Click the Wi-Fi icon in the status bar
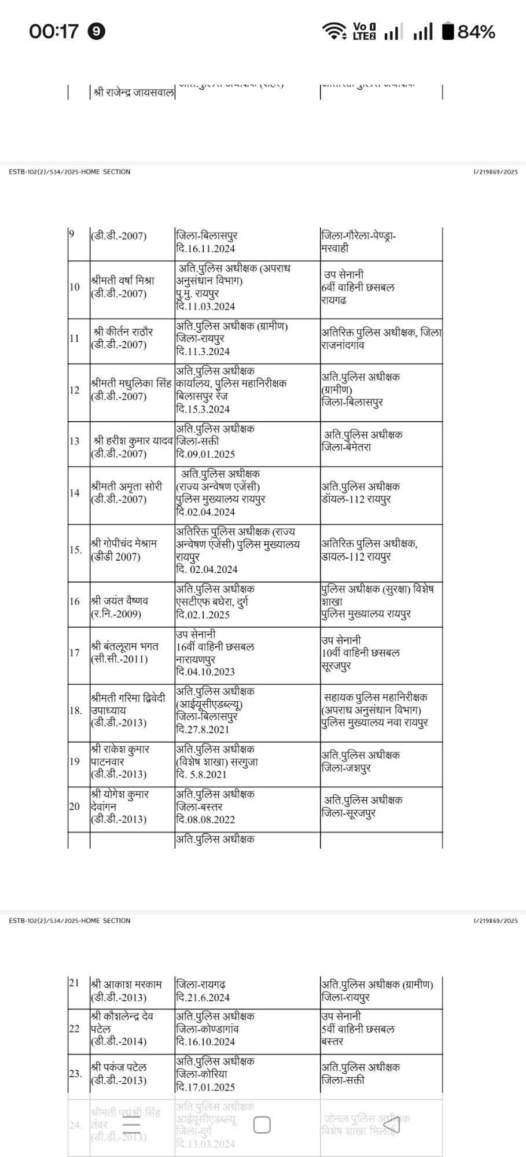coord(334,31)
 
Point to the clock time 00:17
coord(53,31)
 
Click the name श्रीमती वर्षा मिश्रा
coord(123,281)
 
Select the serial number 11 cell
coord(75,338)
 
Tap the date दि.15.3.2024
coord(203,409)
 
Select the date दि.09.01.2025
coord(205,454)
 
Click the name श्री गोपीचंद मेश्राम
coord(124,544)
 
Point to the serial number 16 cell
coord(75,601)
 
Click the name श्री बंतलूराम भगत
coord(124,646)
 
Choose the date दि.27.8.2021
coord(203,729)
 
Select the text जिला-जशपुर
coord(347,768)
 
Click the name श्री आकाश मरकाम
coord(126,984)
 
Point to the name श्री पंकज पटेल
coord(119,1067)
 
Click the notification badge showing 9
coord(97,31)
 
